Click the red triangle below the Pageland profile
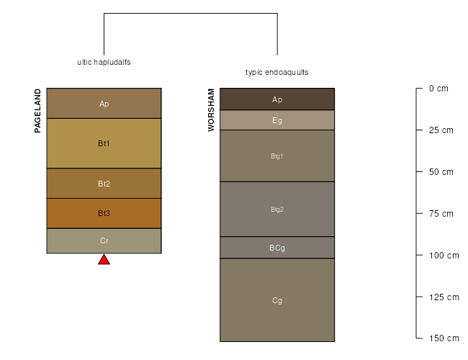click(104, 260)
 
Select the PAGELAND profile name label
click(37, 111)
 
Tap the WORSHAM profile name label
click(211, 110)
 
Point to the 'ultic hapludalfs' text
click(104, 62)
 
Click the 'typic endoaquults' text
click(277, 72)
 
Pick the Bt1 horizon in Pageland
click(104, 143)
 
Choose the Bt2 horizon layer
click(104, 184)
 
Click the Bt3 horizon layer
click(104, 213)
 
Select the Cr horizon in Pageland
click(104, 241)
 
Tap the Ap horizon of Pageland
click(104, 103)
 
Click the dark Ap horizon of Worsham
click(277, 99)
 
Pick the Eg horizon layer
click(277, 120)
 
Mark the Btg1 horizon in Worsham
click(277, 156)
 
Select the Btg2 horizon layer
click(277, 210)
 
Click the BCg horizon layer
click(277, 248)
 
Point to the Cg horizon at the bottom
click(277, 300)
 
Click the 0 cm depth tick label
click(438, 89)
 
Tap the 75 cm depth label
click(441, 214)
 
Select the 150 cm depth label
click(444, 338)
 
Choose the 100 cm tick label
click(444, 256)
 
